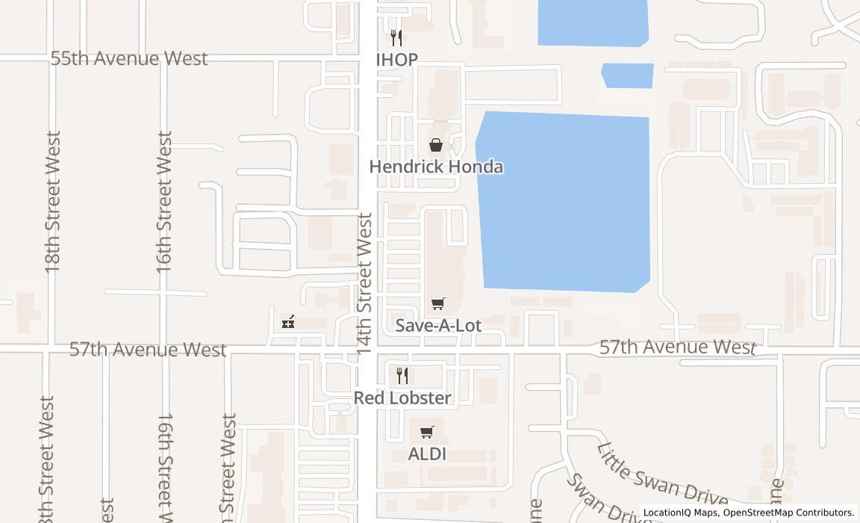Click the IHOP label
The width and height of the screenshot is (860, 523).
(396, 60)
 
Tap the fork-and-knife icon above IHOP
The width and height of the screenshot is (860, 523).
(396, 37)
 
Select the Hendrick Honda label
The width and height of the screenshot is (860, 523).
(436, 167)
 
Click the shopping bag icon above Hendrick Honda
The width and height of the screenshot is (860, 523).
(435, 145)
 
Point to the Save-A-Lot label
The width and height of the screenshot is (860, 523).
(438, 325)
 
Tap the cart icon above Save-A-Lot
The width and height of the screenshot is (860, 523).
(438, 303)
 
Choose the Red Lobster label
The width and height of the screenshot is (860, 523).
(402, 397)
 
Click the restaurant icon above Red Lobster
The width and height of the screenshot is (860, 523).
(402, 375)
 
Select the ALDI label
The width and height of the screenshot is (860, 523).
(427, 454)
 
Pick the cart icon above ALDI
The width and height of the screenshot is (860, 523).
(427, 432)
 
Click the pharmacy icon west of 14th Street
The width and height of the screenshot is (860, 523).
(288, 322)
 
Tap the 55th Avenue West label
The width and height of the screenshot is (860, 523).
(129, 59)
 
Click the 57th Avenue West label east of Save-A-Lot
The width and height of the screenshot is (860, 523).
(678, 347)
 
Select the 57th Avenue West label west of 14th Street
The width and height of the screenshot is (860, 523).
(148, 350)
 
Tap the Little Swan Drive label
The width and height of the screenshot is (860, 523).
(661, 474)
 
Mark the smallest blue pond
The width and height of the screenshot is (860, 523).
(628, 75)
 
